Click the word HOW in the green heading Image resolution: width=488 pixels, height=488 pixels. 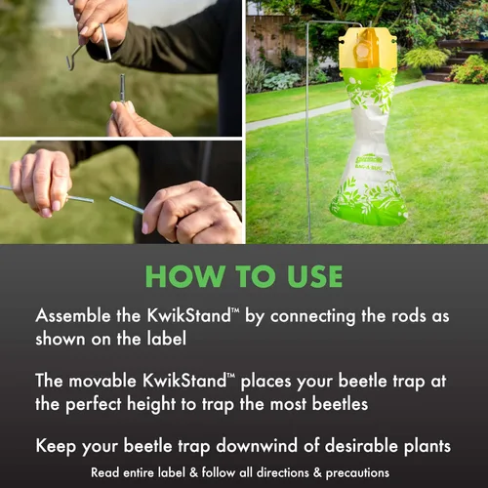[184, 276]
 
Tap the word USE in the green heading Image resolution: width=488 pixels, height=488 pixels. [314, 276]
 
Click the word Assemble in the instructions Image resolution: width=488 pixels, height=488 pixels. [73, 315]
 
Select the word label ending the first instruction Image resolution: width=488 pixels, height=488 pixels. [167, 339]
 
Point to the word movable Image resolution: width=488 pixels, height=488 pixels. [102, 381]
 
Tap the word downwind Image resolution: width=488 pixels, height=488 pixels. [257, 445]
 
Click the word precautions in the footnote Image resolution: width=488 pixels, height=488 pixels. [357, 473]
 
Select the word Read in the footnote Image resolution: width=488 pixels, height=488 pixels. [105, 472]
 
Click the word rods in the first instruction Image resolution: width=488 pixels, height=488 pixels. [408, 315]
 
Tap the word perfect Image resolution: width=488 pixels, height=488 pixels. [94, 404]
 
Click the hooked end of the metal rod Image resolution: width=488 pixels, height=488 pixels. [72, 60]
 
